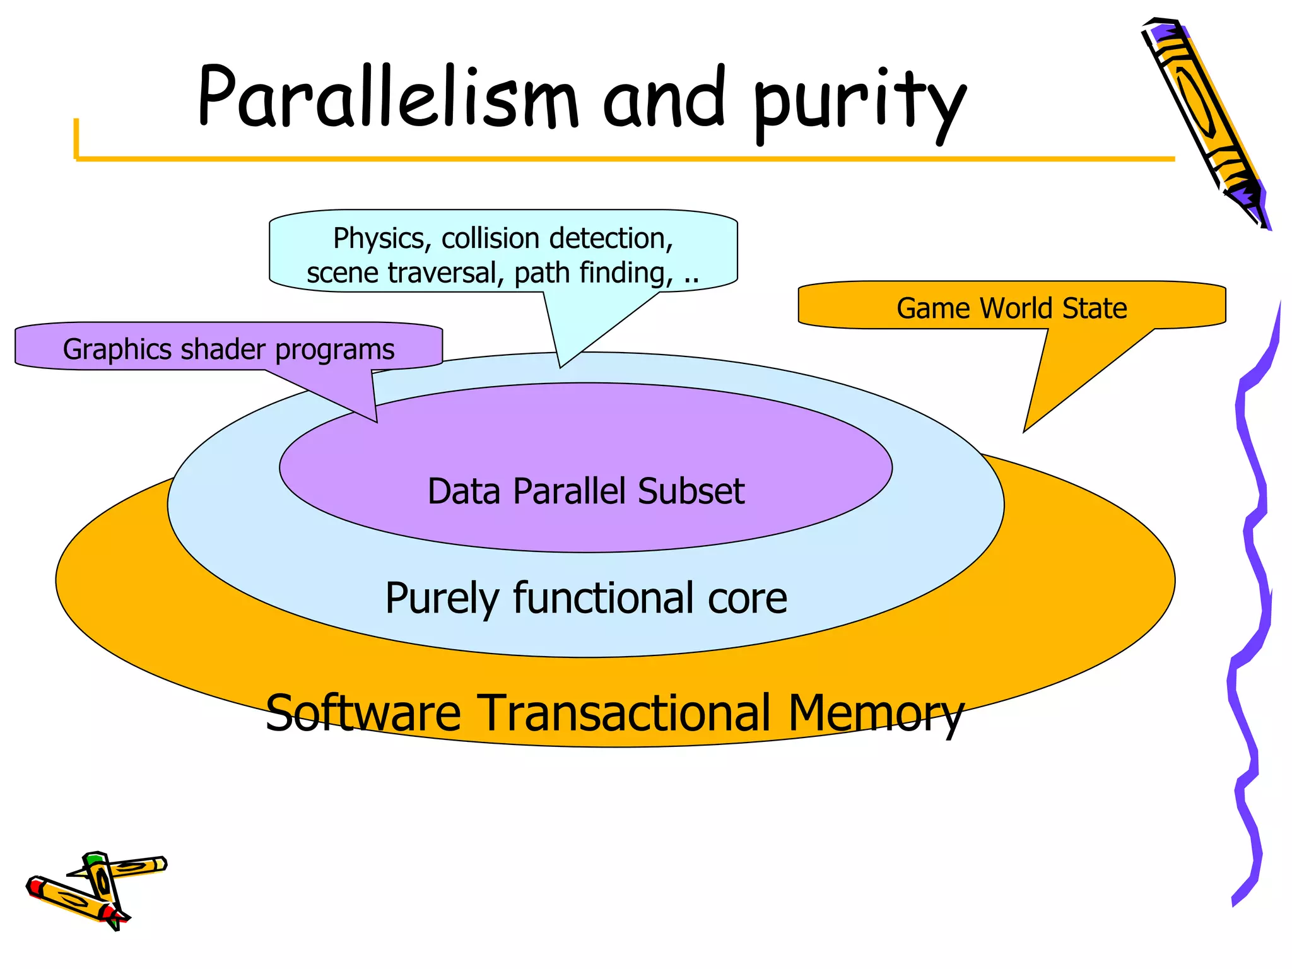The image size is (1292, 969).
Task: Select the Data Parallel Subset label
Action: point(585,491)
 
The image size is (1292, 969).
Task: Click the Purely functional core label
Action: point(585,597)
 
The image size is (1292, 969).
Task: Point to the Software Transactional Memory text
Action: point(614,712)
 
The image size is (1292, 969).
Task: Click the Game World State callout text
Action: point(1011,308)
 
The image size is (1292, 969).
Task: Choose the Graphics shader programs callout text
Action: point(228,349)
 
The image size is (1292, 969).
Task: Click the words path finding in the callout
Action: point(593,273)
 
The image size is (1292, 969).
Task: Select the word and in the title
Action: point(664,98)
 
